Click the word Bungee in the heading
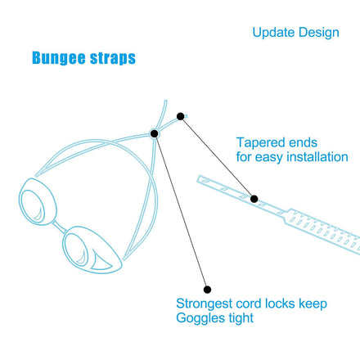coord(59,58)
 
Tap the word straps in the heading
coord(113,58)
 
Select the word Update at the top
coord(272,33)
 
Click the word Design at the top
coord(318,33)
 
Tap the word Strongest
coord(204,304)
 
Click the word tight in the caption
coord(241,318)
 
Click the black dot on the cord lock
coord(155,134)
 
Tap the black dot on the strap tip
coord(180,116)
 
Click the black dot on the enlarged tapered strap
coord(254,199)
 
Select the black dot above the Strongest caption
coord(207,290)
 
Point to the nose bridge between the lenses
coord(60,227)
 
